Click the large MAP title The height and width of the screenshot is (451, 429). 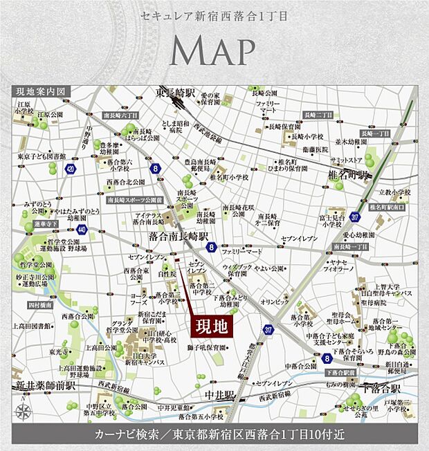click(212, 50)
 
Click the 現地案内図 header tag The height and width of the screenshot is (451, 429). click(39, 91)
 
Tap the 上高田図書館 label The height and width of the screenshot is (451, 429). click(33, 324)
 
